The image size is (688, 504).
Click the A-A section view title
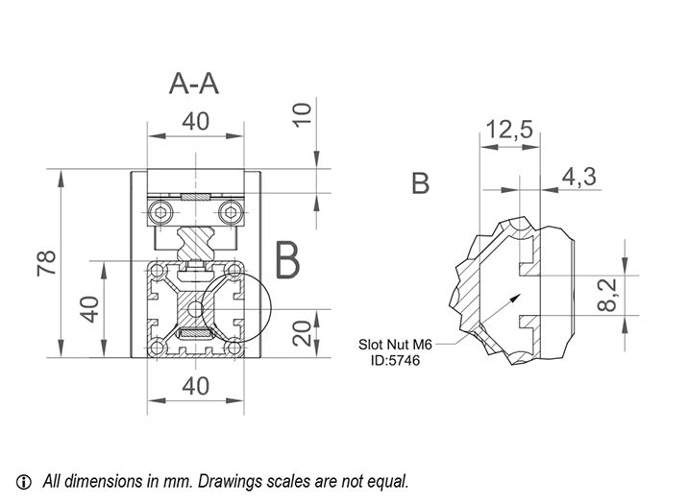tap(194, 84)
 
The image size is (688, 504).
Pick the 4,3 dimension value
tap(580, 176)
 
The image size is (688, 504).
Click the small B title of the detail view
tap(420, 183)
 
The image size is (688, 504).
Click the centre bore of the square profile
tap(196, 307)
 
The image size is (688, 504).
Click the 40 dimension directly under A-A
tap(196, 121)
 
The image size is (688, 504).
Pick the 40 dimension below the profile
tap(196, 386)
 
